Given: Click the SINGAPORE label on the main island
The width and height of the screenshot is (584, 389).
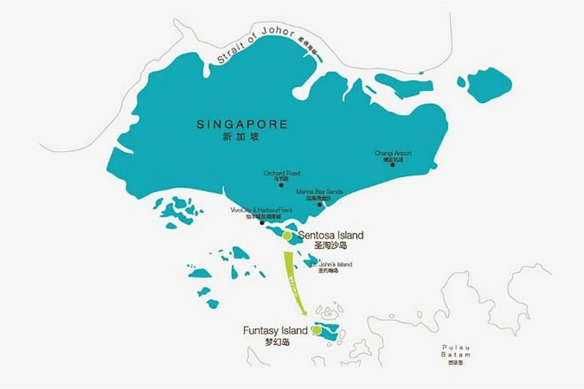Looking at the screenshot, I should tap(242, 124).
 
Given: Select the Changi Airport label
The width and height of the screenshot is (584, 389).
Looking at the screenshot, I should tap(393, 153).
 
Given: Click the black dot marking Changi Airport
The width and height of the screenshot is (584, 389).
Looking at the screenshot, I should tap(392, 165).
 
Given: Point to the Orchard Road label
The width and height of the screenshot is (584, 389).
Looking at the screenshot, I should tap(282, 173).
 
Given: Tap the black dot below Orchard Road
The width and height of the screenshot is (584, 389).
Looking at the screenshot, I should tap(281, 184).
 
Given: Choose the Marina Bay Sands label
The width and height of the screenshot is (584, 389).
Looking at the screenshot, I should tap(319, 191).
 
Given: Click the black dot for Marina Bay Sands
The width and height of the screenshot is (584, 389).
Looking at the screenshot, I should tap(319, 204).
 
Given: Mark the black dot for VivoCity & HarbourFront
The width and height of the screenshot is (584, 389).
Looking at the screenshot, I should tap(262, 222).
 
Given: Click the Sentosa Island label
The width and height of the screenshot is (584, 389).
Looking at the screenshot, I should tap(331, 235).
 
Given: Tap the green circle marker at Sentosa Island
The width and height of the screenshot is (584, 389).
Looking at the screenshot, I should tap(287, 235).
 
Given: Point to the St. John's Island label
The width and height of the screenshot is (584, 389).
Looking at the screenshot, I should tap(332, 264).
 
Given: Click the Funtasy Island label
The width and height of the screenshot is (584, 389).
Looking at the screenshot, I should tap(276, 331).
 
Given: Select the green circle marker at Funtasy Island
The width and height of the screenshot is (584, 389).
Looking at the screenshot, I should tap(316, 330).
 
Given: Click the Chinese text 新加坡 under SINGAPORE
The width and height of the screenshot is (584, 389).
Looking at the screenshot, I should tap(242, 137).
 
